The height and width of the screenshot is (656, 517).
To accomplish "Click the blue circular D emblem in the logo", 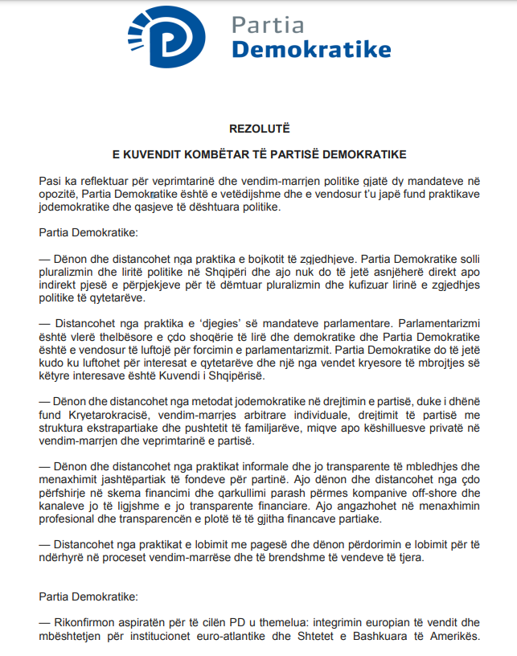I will pos(172,37).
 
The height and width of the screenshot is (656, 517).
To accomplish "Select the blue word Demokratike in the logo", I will pos(311,50).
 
